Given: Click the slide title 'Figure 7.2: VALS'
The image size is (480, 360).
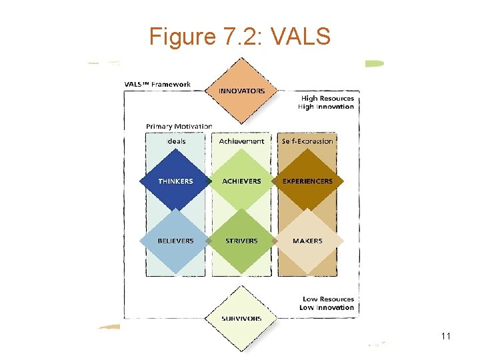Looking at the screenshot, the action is (x=240, y=36).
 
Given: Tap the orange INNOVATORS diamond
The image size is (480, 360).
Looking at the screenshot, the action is (x=241, y=91).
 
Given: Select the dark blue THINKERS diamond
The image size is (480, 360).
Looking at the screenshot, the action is (x=176, y=181).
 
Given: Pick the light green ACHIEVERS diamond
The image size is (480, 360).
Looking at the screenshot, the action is (x=241, y=181).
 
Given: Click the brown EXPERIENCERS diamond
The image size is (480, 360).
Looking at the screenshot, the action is (x=307, y=181).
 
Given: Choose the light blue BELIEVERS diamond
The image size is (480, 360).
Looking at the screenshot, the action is (x=176, y=241).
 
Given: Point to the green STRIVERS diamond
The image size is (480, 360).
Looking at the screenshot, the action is (x=241, y=241).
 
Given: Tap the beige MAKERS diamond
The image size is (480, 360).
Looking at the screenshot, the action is (x=307, y=241).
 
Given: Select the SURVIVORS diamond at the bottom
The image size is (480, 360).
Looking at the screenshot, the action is (x=241, y=318).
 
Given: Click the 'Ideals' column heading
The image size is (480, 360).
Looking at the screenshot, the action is (x=176, y=141).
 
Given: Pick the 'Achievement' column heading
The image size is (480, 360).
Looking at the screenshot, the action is (x=241, y=141).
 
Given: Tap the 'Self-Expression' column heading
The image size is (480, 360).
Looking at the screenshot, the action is (x=307, y=141).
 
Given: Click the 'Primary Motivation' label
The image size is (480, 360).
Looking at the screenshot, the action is (x=179, y=126).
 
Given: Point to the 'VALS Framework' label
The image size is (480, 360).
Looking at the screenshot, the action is (x=158, y=84).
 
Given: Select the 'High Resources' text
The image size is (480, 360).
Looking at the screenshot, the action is (x=327, y=99).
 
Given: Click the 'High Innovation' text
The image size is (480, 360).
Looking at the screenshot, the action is (x=326, y=107).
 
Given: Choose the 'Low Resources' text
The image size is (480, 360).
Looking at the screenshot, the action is (x=327, y=299).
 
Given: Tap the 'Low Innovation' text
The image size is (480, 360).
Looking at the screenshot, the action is (x=326, y=307).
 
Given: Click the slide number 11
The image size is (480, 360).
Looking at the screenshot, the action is (x=446, y=336).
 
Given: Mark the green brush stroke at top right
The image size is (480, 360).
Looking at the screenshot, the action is (x=374, y=63).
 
